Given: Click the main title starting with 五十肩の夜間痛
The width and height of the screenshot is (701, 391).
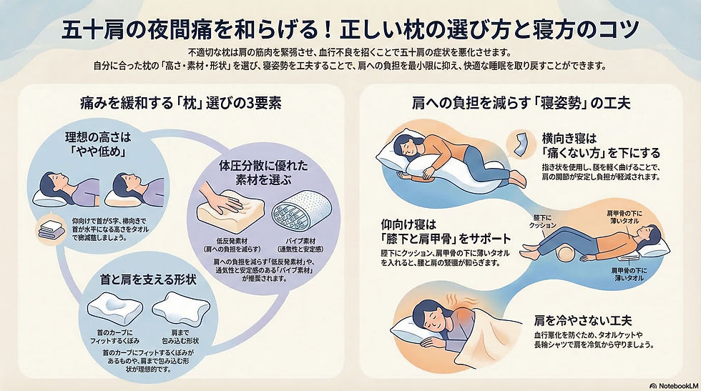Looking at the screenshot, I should tap(350, 29).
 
